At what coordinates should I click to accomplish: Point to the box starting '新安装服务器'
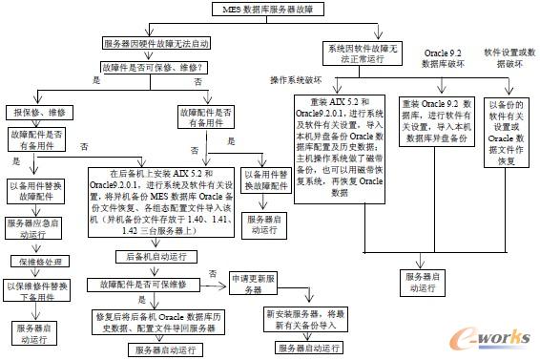click(x=304, y=321)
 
